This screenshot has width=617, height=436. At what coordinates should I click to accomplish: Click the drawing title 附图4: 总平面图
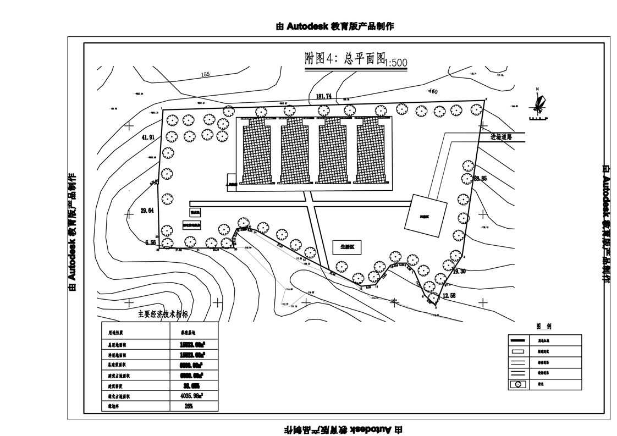345,59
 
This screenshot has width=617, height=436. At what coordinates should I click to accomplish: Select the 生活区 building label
347,247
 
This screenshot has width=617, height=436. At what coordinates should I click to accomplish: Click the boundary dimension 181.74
324,97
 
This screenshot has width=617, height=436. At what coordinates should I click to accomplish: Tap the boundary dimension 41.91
148,137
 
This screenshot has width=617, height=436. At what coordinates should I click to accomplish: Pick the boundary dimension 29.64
147,211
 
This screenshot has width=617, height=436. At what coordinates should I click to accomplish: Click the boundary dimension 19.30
460,271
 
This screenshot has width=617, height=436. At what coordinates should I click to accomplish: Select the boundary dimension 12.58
449,296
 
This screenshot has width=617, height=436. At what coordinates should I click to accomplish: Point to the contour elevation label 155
206,74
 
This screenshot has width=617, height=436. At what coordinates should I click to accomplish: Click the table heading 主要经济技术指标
163,314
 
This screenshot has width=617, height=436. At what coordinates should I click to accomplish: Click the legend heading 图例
544,326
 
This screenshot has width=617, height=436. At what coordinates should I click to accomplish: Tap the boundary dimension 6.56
151,242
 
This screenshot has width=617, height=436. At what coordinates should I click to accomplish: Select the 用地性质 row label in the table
116,333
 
